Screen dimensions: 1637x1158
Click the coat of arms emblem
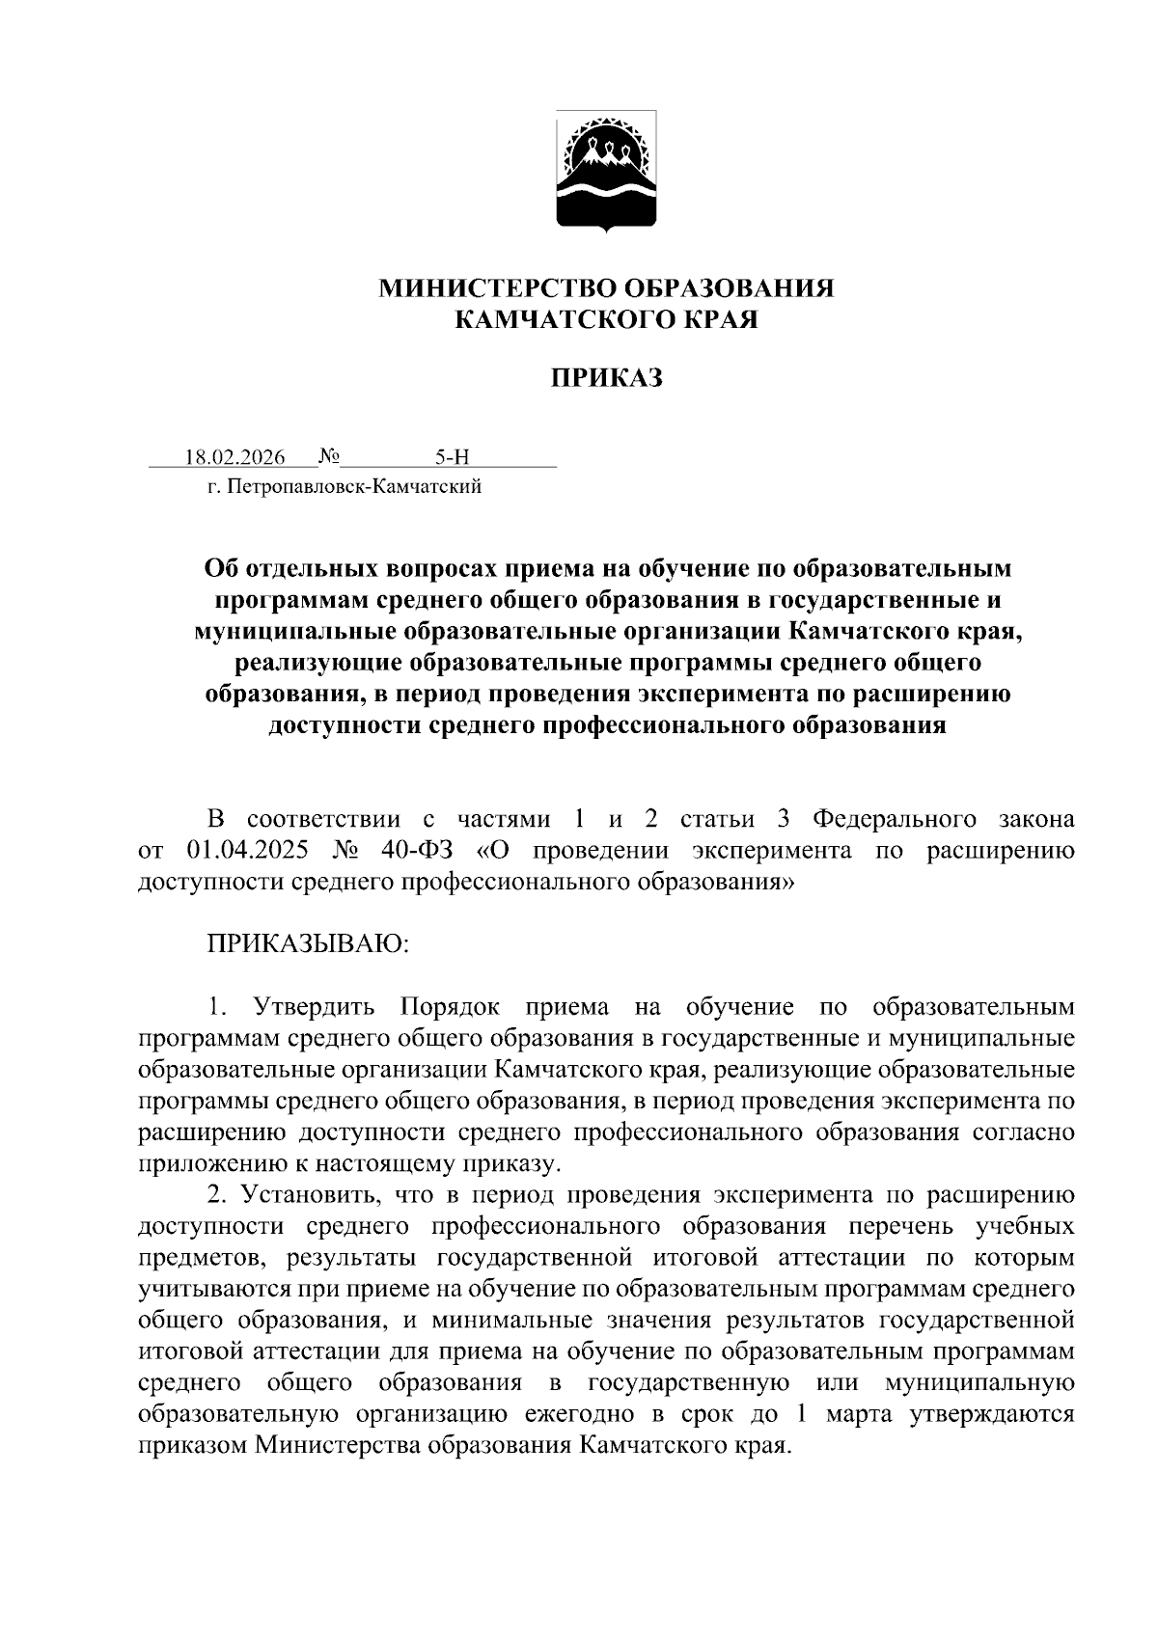606,172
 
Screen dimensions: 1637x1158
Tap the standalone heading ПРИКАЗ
606,378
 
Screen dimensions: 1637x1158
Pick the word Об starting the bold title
219,568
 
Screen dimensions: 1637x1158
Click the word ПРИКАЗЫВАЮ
309,943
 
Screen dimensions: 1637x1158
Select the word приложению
202,1164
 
